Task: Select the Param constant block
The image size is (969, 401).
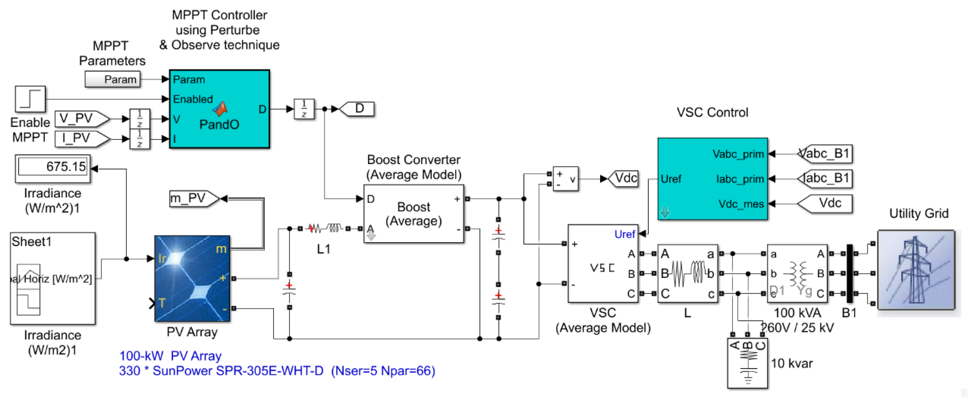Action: [113, 80]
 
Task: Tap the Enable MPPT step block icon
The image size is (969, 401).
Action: [30, 99]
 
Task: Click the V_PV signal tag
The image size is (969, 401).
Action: [80, 119]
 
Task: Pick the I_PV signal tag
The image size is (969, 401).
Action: [80, 138]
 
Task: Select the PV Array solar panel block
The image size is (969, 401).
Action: [192, 279]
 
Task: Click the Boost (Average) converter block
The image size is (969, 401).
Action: [413, 214]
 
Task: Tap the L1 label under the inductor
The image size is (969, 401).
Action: [323, 249]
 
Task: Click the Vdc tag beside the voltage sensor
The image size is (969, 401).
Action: [625, 178]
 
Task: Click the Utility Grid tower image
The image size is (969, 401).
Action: [916, 270]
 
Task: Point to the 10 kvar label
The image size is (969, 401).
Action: [791, 363]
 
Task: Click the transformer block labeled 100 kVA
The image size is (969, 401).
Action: [797, 274]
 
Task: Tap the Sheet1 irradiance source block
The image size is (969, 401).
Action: [53, 278]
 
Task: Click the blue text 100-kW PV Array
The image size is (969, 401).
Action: [170, 356]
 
